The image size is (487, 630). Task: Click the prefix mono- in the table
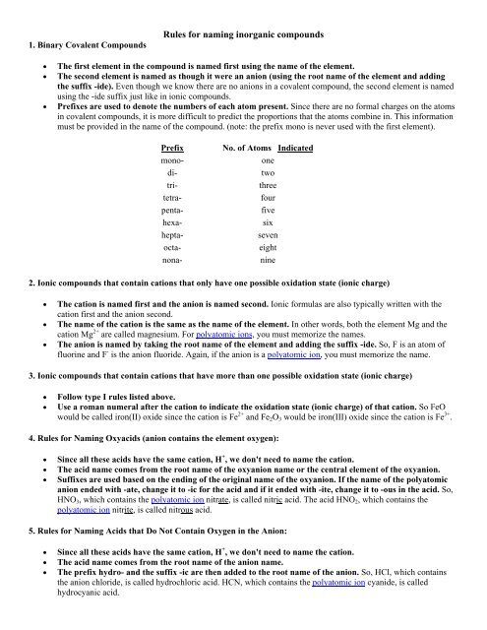click(173, 161)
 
